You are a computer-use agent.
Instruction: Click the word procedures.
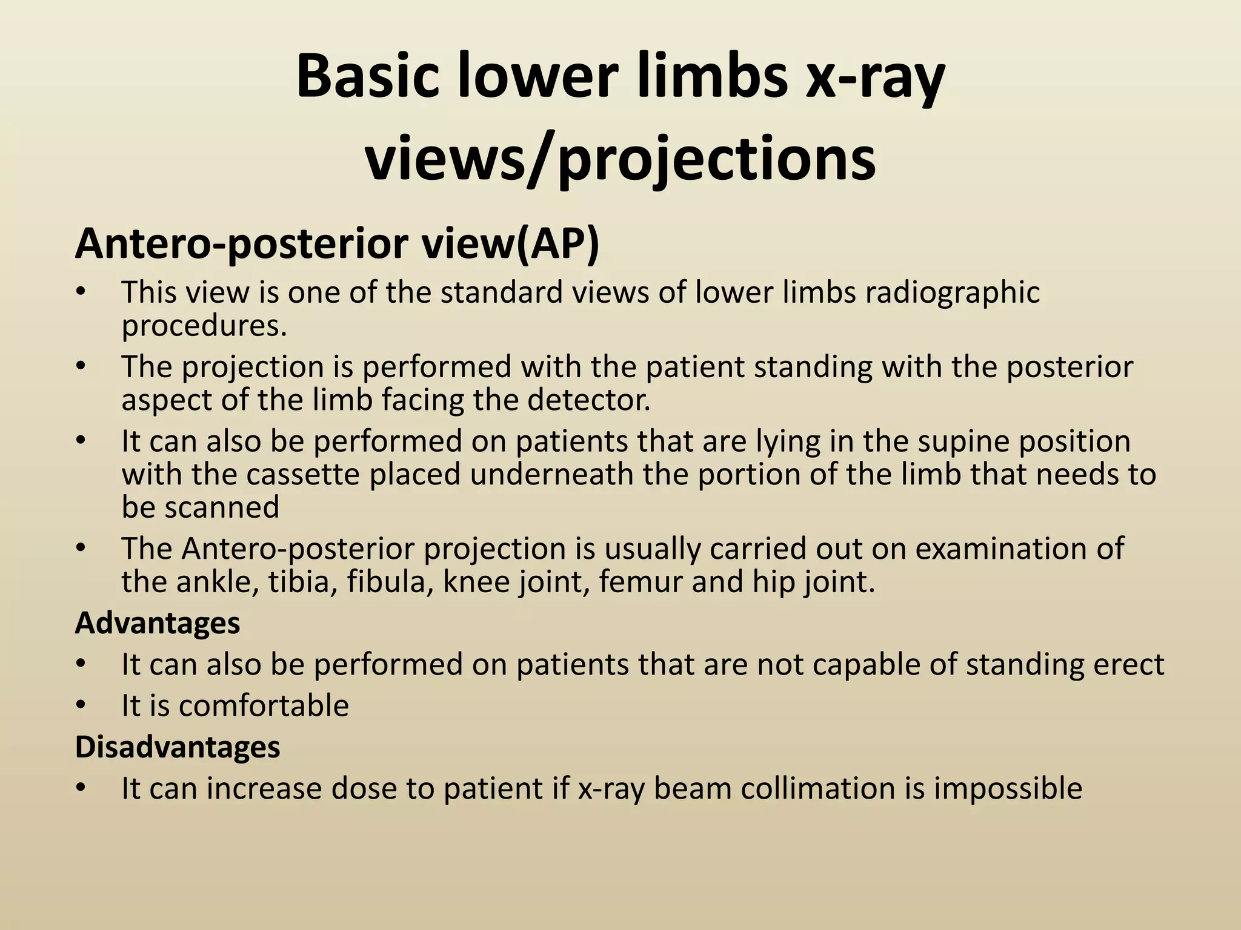pyautogui.click(x=204, y=326)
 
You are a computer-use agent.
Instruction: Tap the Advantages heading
pyautogui.click(x=158, y=623)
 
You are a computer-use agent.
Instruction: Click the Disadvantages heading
pyautogui.click(x=178, y=747)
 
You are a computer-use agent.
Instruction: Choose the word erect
pyautogui.click(x=1129, y=664)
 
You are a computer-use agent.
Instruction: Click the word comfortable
pyautogui.click(x=264, y=706)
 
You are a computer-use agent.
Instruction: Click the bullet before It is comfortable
pyautogui.click(x=81, y=706)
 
